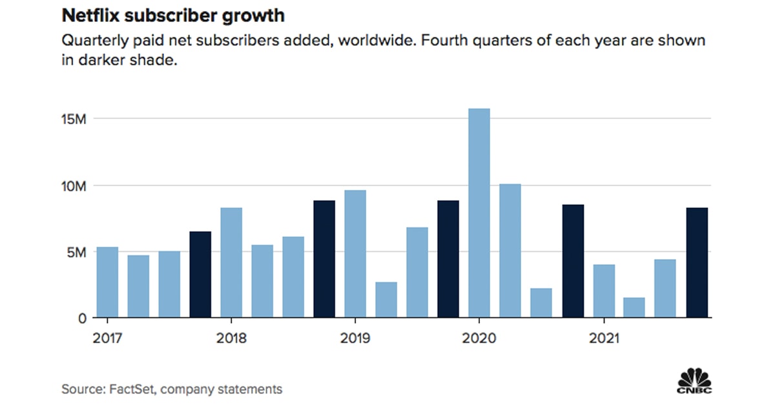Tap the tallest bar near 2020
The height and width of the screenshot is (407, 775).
[479, 213]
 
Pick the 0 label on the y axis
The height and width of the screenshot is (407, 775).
[81, 318]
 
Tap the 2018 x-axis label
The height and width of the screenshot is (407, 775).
[231, 339]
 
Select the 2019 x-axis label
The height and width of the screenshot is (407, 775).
[355, 339]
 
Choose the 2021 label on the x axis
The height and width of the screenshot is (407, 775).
[603, 339]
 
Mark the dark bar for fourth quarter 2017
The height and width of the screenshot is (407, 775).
[200, 275]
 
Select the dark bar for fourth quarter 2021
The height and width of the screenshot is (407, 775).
[697, 263]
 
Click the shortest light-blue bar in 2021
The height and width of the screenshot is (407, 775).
[634, 308]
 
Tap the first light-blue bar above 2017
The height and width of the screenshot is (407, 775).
[107, 282]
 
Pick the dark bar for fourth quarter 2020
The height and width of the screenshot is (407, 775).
[573, 261]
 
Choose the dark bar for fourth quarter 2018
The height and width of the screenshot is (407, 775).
[324, 259]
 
